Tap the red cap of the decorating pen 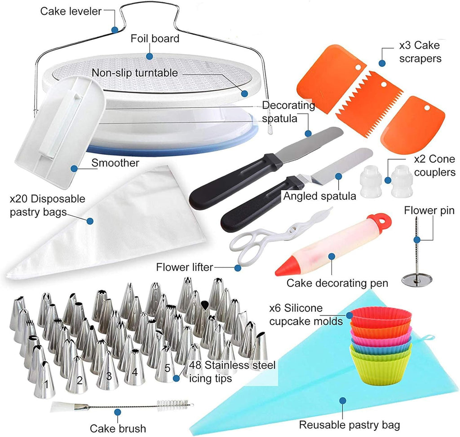click(381, 219)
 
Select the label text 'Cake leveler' click(71, 11)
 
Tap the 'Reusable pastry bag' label click(349, 424)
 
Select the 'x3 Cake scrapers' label click(420, 52)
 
